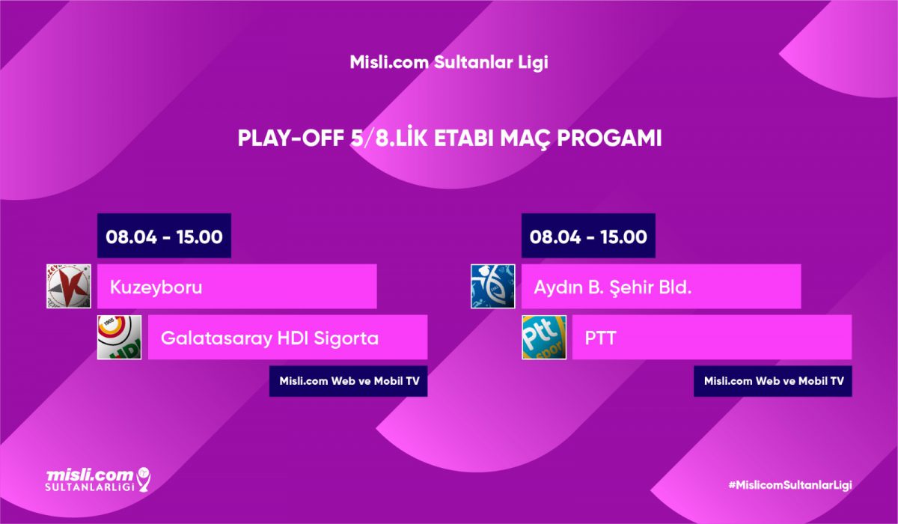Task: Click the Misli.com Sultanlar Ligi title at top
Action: pyautogui.click(x=449, y=63)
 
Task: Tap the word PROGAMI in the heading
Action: pyautogui.click(x=609, y=138)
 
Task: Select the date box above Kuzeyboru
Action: pyautogui.click(x=164, y=236)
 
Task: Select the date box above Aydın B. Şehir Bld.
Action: pyautogui.click(x=588, y=236)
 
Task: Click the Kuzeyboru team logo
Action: pyautogui.click(x=69, y=286)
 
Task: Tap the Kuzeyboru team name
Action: pyautogui.click(x=156, y=287)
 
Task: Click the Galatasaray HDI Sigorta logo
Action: pyautogui.click(x=120, y=337)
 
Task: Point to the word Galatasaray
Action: pyautogui.click(x=216, y=338)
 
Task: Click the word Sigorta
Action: pyautogui.click(x=346, y=338)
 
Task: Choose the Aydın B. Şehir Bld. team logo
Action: pyautogui.click(x=492, y=286)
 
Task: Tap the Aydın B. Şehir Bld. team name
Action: pyautogui.click(x=613, y=287)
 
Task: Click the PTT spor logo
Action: pyautogui.click(x=544, y=337)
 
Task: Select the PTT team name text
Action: pyautogui.click(x=600, y=338)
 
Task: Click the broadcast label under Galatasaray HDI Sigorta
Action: pyautogui.click(x=349, y=381)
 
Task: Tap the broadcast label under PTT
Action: pyautogui.click(x=773, y=381)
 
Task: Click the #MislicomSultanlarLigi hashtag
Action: pyautogui.click(x=789, y=485)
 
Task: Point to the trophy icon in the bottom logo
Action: pyautogui.click(x=144, y=479)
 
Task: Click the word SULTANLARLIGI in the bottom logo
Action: pyautogui.click(x=90, y=487)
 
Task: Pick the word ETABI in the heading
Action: pyautogui.click(x=465, y=138)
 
